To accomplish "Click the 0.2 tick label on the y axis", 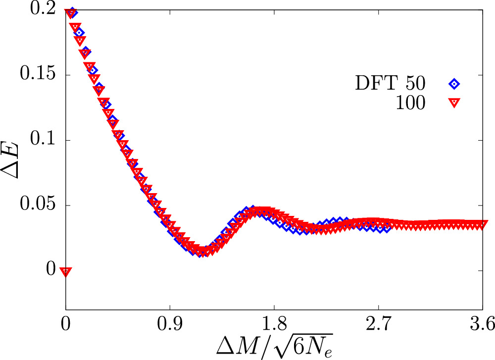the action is click(43, 9).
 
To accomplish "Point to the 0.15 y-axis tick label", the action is click(38, 74).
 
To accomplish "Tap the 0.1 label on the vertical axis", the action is click(43, 139).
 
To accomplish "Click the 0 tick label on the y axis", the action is click(51, 269).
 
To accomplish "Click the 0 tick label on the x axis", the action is click(65, 324).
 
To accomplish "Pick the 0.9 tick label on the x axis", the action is click(170, 324).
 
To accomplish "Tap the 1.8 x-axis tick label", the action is click(274, 324).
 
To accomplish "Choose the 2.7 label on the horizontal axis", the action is click(378, 324).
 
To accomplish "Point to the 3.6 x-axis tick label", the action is click(482, 324).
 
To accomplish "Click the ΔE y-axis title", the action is click(10, 161).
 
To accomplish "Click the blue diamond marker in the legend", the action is click(454, 84).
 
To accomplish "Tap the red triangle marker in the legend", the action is click(454, 103).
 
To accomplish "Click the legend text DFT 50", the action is click(390, 83).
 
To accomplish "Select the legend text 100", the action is click(410, 103).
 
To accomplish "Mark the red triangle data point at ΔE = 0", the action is click(66, 271).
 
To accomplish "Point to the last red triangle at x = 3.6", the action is click(482, 225).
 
